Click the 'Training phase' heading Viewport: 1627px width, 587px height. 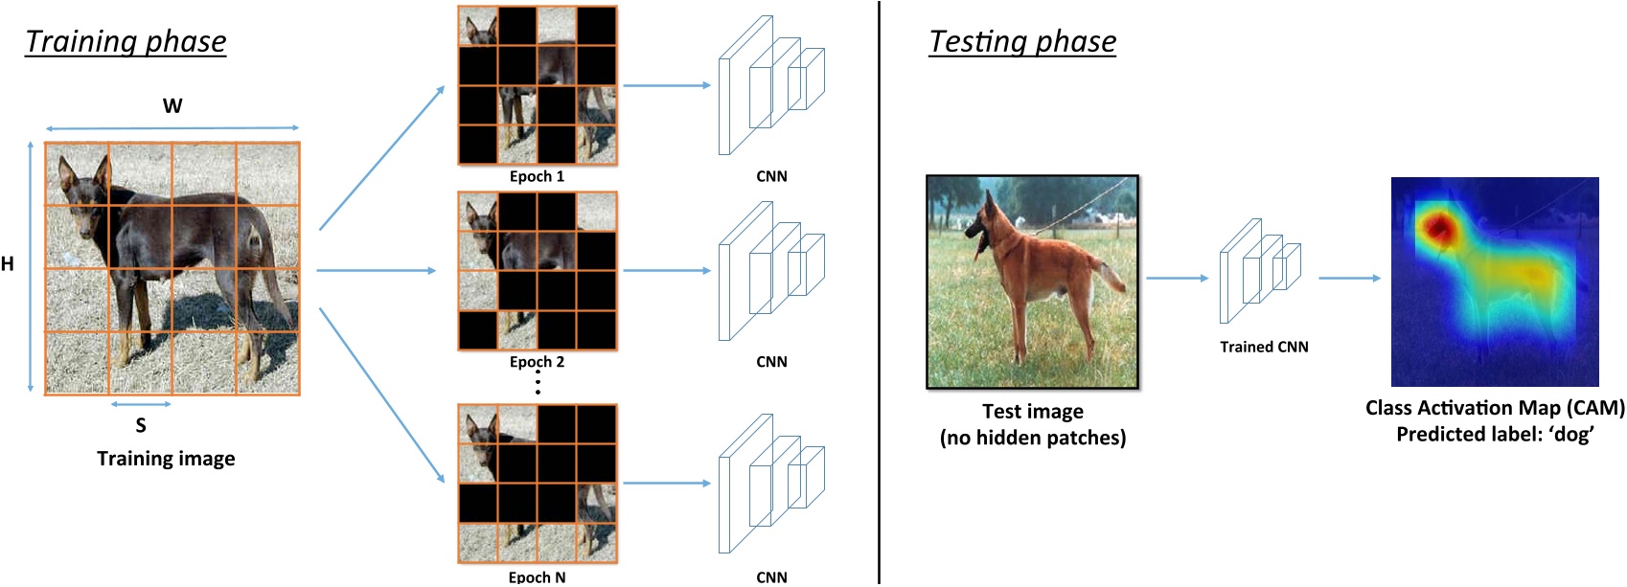point(126,41)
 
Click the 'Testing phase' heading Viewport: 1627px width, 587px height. point(1022,41)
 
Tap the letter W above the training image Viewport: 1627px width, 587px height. point(172,106)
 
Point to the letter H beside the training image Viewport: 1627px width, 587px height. point(8,264)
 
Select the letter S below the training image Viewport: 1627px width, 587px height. point(141,425)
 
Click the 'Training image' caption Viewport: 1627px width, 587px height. point(166,459)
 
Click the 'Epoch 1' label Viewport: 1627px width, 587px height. point(537,176)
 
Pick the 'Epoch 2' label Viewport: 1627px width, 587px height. point(537,362)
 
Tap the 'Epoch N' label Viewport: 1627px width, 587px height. point(537,576)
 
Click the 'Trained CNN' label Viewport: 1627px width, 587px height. point(1264,347)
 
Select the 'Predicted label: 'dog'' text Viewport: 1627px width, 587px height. point(1495,434)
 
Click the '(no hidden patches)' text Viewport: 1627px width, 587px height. point(1033,438)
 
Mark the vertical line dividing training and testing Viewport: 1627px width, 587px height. point(879,287)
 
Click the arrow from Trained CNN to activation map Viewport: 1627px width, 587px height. point(1349,278)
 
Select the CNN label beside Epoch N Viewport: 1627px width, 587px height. point(771,576)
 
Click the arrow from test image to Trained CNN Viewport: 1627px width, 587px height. point(1177,278)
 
